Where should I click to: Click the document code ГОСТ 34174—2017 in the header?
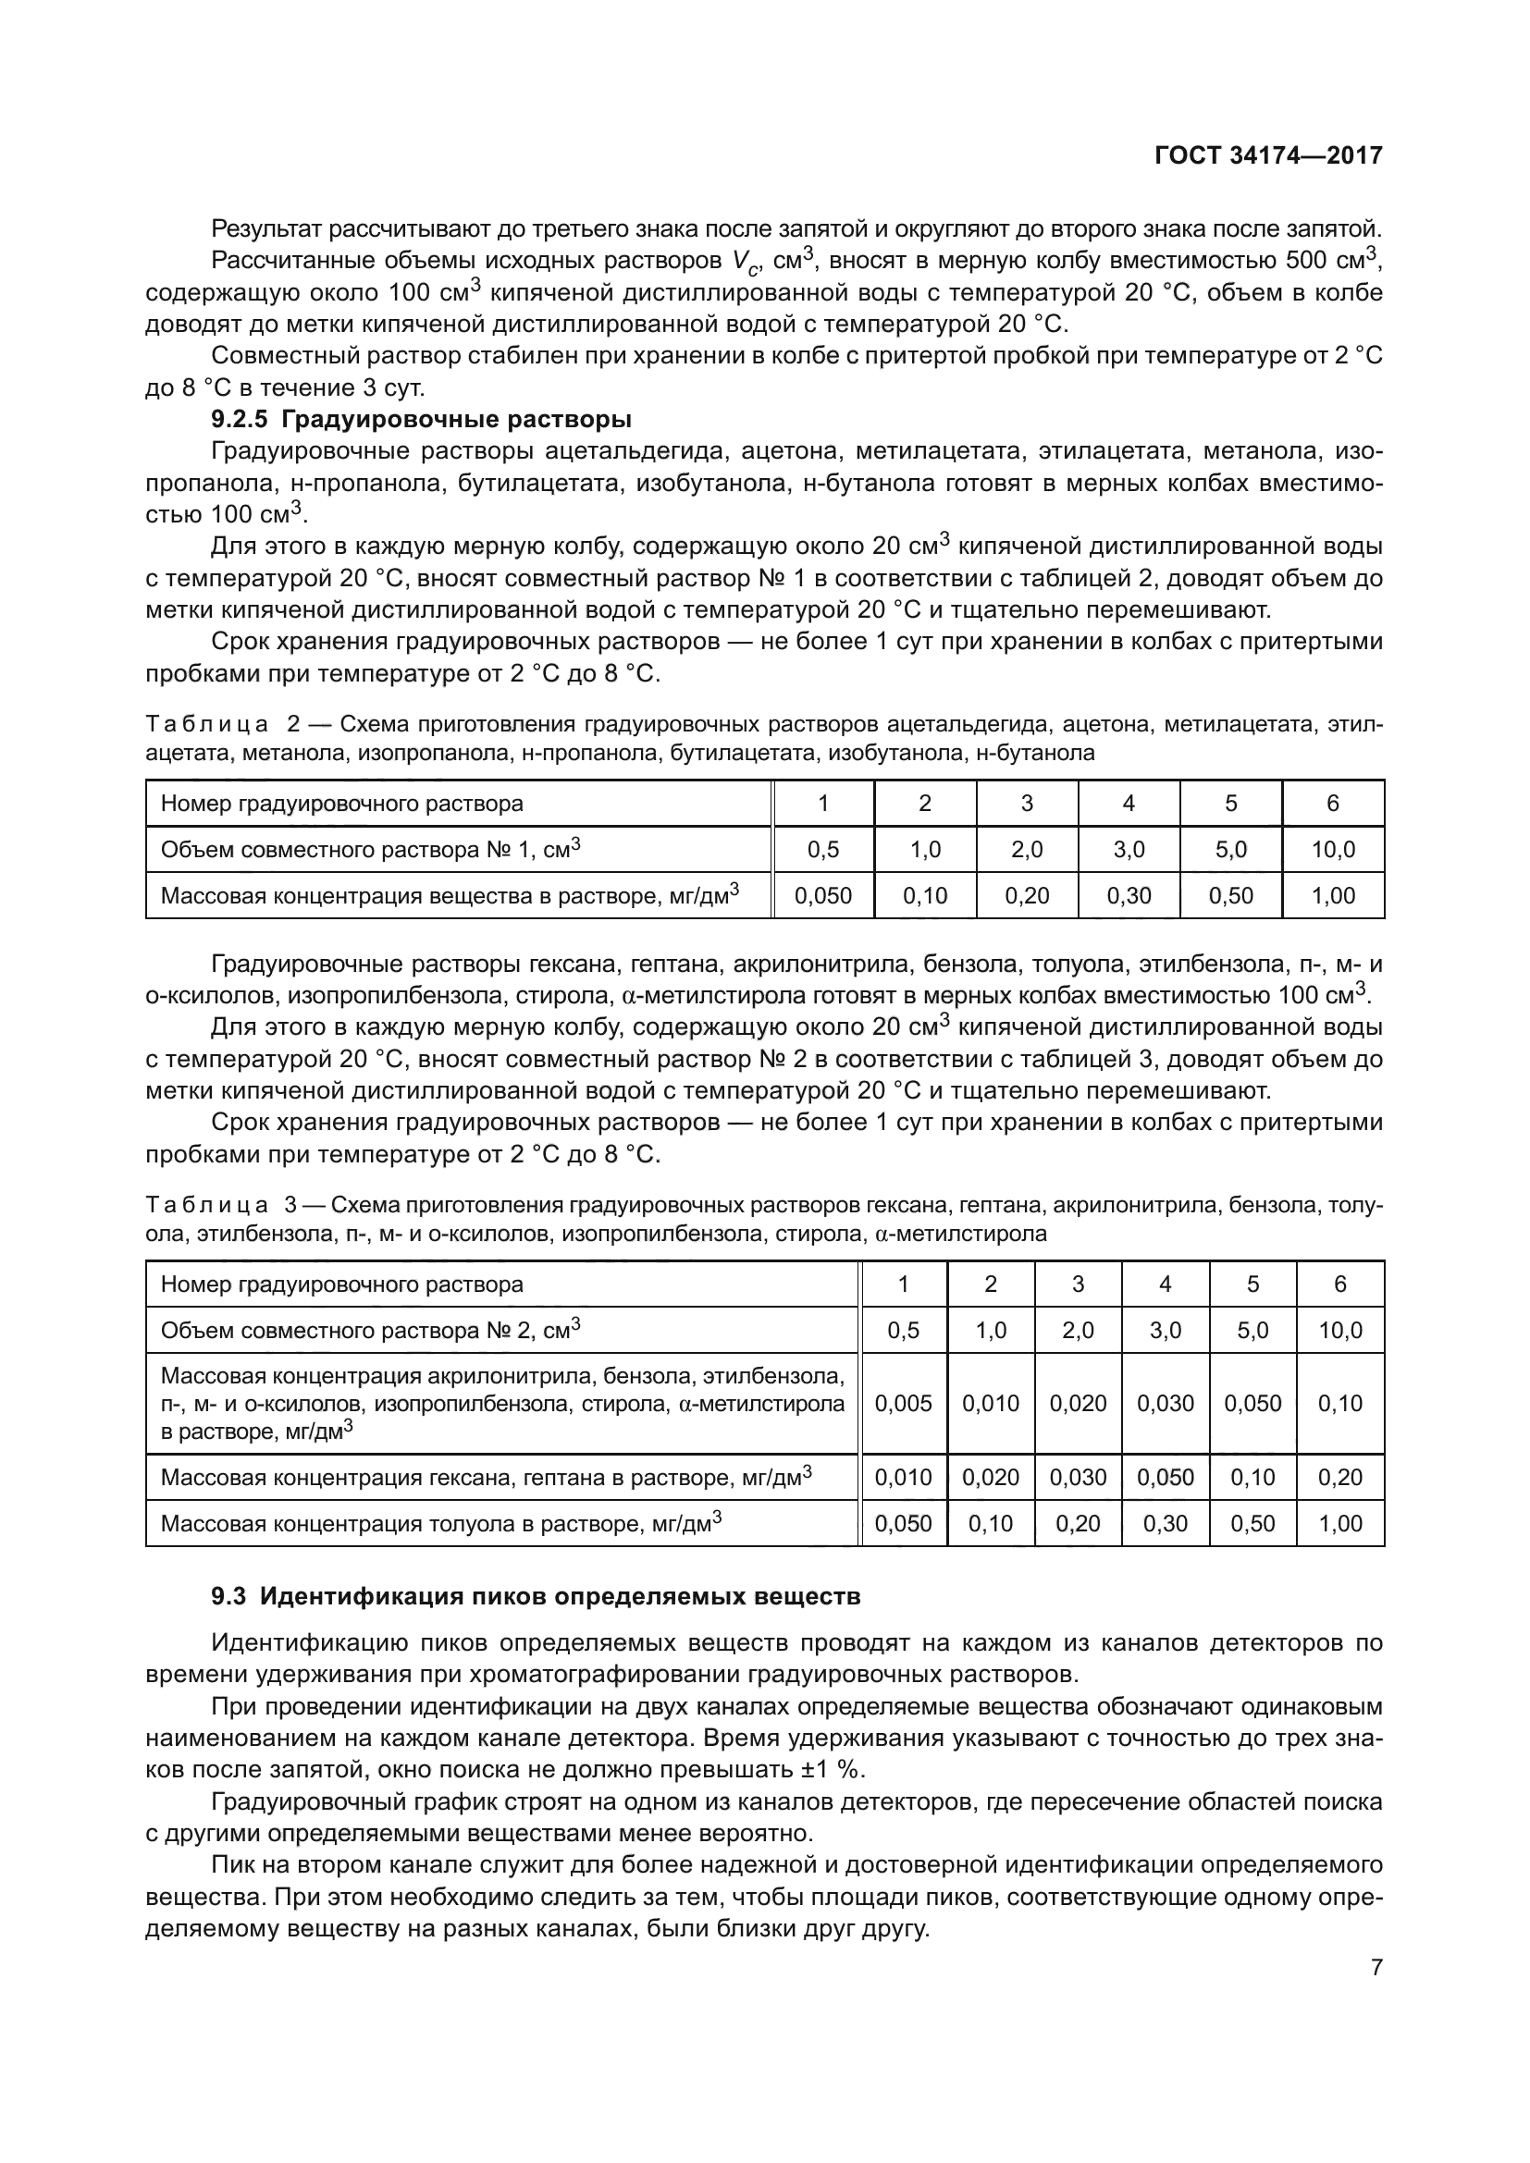[1268, 155]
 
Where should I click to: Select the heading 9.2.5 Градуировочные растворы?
[421, 418]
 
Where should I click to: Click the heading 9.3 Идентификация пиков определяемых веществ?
[535, 1596]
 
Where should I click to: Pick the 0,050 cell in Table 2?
[822, 895]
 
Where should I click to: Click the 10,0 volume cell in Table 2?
[1332, 849]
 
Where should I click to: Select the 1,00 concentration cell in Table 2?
[1332, 895]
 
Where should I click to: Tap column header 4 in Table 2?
[1129, 803]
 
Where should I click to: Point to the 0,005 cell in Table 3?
[903, 1403]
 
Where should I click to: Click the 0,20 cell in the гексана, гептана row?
[1339, 1477]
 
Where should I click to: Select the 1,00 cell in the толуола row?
[1339, 1523]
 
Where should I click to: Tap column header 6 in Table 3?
[1339, 1284]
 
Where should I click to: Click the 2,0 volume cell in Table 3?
[1078, 1330]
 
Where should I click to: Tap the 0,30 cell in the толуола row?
[1165, 1523]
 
